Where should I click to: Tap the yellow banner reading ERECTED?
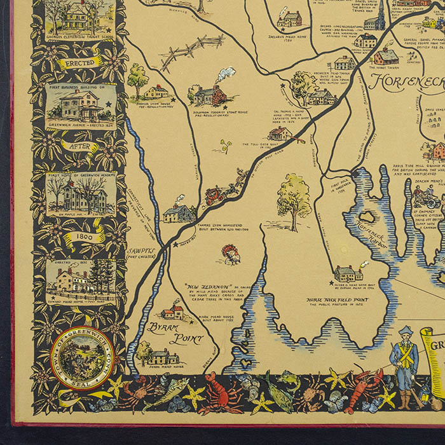click(x=79, y=64)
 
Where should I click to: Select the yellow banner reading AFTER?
click(x=79, y=146)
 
